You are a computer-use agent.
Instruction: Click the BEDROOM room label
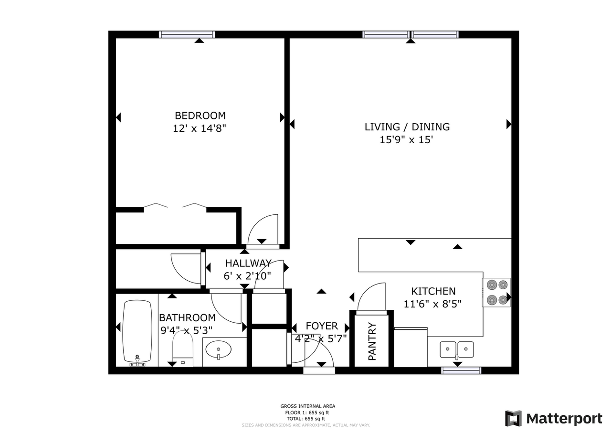click(x=200, y=116)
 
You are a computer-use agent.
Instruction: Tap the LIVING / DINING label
click(x=407, y=127)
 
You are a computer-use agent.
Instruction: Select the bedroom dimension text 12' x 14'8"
click(x=200, y=128)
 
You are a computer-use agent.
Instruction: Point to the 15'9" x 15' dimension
click(x=407, y=140)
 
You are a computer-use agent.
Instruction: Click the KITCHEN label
click(x=433, y=291)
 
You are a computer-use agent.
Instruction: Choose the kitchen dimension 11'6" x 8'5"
click(x=432, y=303)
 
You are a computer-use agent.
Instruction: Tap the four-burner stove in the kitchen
click(x=496, y=292)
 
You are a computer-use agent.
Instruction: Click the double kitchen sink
click(x=457, y=349)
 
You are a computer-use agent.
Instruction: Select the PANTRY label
click(x=372, y=341)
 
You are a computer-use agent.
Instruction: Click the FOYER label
click(x=321, y=327)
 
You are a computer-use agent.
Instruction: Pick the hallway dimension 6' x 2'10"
click(x=247, y=275)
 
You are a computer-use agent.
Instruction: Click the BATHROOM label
click(x=187, y=317)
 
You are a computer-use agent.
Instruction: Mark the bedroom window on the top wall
click(x=187, y=34)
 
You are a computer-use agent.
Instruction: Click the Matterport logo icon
click(x=514, y=419)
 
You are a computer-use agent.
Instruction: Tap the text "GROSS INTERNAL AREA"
click(x=307, y=406)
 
